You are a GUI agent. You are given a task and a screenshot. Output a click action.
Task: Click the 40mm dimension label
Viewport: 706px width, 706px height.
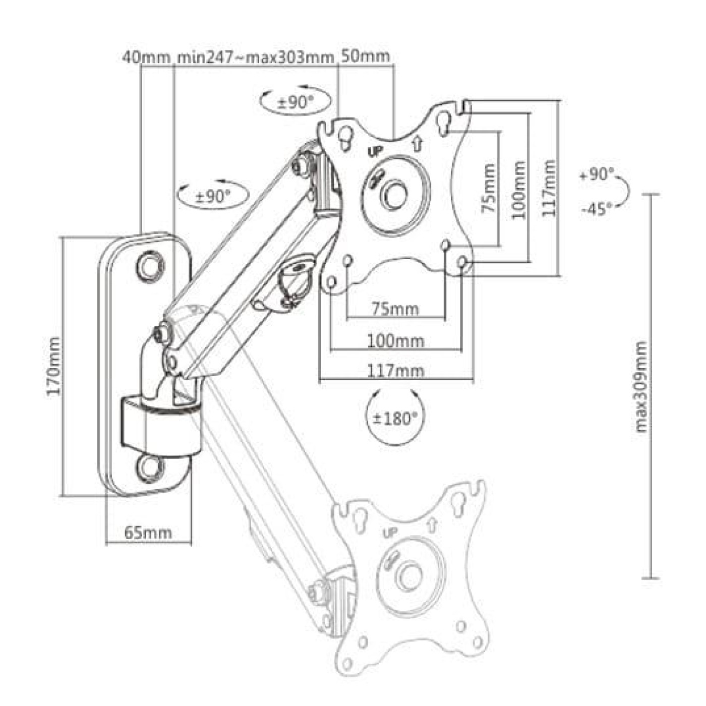146,56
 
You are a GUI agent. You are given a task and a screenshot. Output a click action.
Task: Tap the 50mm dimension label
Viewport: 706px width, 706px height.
366,55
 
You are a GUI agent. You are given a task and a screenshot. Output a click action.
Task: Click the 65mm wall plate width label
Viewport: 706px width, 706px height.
148,532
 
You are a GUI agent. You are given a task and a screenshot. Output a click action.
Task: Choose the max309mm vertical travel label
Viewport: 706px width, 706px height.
640,387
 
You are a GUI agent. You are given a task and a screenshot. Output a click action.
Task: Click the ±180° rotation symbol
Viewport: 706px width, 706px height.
395,418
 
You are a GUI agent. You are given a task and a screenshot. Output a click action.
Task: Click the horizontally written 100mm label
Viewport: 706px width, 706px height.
395,341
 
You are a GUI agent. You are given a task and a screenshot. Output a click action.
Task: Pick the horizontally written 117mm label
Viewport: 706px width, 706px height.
395,371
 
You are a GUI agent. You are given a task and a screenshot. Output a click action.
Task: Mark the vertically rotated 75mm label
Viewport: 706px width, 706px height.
488,188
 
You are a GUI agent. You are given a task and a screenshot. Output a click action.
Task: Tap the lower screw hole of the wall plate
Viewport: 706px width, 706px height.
150,467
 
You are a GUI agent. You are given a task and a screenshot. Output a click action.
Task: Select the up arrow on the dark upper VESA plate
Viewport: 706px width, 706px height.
417,144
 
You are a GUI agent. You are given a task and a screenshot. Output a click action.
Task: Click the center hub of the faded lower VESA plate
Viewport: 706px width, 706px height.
409,576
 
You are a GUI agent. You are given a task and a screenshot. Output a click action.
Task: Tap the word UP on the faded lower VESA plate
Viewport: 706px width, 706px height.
390,532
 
